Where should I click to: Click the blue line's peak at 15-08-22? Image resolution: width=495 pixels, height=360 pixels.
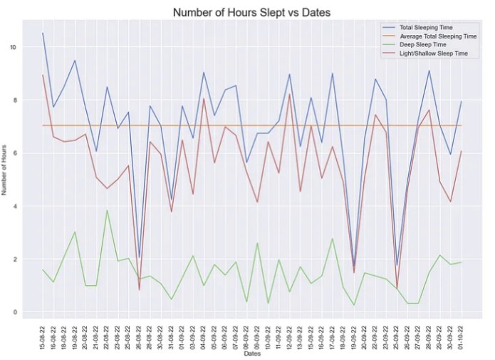click(x=43, y=34)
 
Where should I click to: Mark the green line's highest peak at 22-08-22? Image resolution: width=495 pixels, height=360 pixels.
click(x=107, y=210)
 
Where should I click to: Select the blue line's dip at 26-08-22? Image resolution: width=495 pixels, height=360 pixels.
click(x=140, y=258)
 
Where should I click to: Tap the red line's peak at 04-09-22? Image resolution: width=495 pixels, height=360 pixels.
click(x=204, y=98)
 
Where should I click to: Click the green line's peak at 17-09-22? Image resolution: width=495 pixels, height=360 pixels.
click(x=333, y=239)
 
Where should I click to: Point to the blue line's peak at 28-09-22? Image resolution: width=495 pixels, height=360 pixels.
click(x=429, y=71)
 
